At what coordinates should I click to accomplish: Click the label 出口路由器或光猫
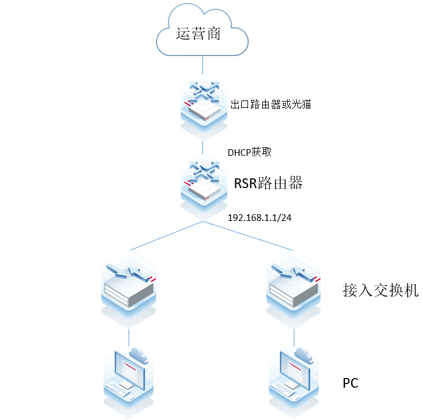pos(271,104)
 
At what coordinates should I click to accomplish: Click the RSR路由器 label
pos(268,183)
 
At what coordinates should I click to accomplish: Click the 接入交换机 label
pos(380,290)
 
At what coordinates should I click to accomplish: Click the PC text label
pos(350,383)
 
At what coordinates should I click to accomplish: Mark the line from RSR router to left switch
pos(165,236)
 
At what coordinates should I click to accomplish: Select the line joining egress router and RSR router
pos(202,148)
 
